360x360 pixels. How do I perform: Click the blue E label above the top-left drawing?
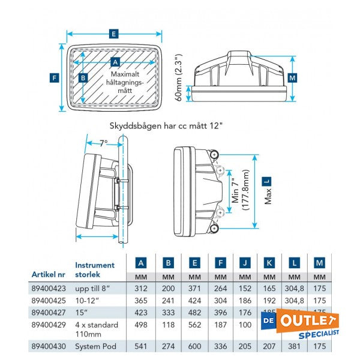[114, 35]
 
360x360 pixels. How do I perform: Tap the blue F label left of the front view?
[54, 77]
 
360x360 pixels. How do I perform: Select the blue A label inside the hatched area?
[116, 61]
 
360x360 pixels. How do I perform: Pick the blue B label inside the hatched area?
[83, 77]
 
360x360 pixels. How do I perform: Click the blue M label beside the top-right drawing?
[292, 78]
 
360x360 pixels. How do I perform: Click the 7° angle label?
[103, 143]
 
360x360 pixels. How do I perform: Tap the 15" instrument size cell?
[80, 311]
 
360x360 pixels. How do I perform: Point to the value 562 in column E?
[194, 325]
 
